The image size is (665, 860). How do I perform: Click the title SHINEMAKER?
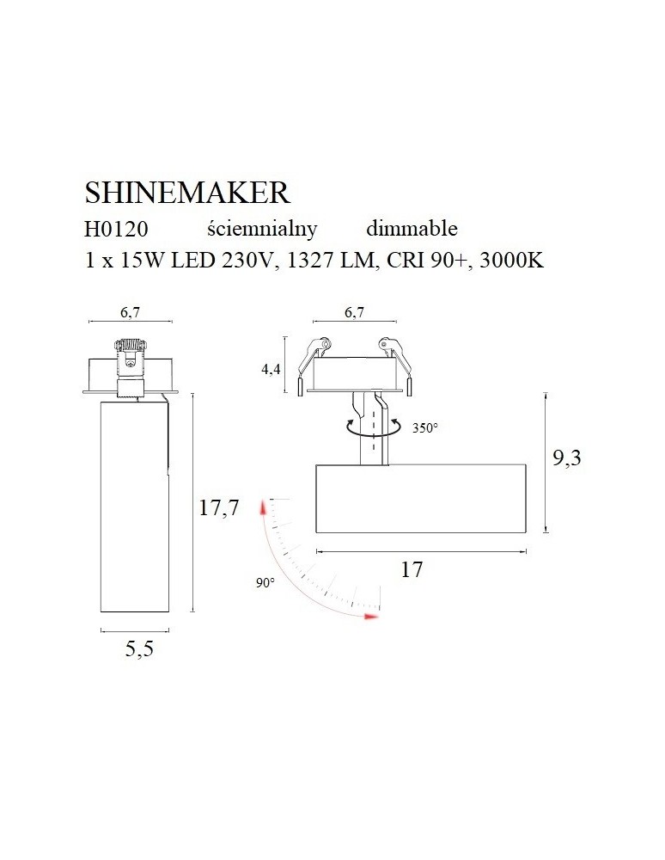[188, 191]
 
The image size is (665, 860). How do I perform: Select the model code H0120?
[116, 230]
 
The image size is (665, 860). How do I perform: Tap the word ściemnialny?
[262, 229]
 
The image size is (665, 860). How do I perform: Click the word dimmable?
[412, 229]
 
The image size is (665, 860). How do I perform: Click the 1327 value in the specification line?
[306, 261]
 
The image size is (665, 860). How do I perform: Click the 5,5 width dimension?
[138, 649]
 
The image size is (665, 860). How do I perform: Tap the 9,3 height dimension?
[566, 458]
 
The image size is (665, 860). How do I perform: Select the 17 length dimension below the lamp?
[412, 569]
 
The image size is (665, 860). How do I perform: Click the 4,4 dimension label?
[271, 370]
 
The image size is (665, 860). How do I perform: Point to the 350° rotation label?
[424, 427]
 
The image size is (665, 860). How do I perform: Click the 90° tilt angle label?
[265, 583]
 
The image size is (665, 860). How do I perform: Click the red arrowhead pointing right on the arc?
[370, 616]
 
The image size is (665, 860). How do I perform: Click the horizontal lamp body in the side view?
[421, 499]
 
